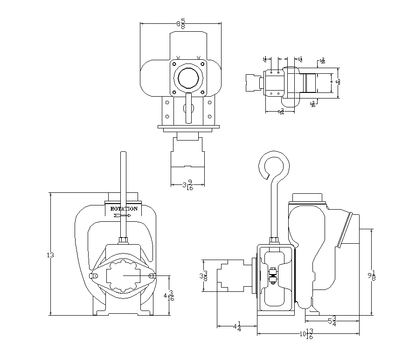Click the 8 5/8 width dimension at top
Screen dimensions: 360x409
tap(180, 23)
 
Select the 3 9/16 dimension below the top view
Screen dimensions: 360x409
tap(187, 184)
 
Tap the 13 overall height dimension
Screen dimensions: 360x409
tap(50, 255)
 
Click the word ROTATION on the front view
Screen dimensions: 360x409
tap(124, 209)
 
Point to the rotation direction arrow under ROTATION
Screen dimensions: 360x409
tap(122, 216)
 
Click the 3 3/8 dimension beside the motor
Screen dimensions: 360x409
tap(203, 275)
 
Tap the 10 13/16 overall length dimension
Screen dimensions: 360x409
tap(306, 334)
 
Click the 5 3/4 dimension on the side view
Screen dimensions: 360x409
tap(332, 321)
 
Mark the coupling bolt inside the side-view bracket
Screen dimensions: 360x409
tap(273, 275)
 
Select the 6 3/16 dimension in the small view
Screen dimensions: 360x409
tap(280, 112)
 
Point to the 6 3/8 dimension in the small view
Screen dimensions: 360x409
tap(339, 81)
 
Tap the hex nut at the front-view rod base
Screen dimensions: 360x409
tap(124, 240)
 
